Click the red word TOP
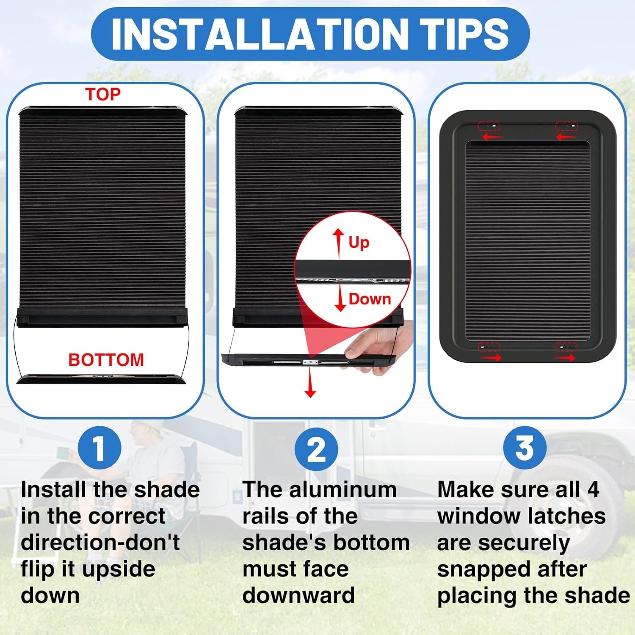pos(103,94)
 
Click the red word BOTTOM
pos(106,360)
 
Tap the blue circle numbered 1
pos(99,448)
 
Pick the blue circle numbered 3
pos(525,448)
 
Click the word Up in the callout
pos(359,243)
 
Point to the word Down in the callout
pos(370,299)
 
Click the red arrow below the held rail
pos(310,382)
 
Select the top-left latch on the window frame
pos(489,126)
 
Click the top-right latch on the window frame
pos(566,126)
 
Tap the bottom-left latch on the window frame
pos(489,347)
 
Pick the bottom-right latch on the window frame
pos(566,347)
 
